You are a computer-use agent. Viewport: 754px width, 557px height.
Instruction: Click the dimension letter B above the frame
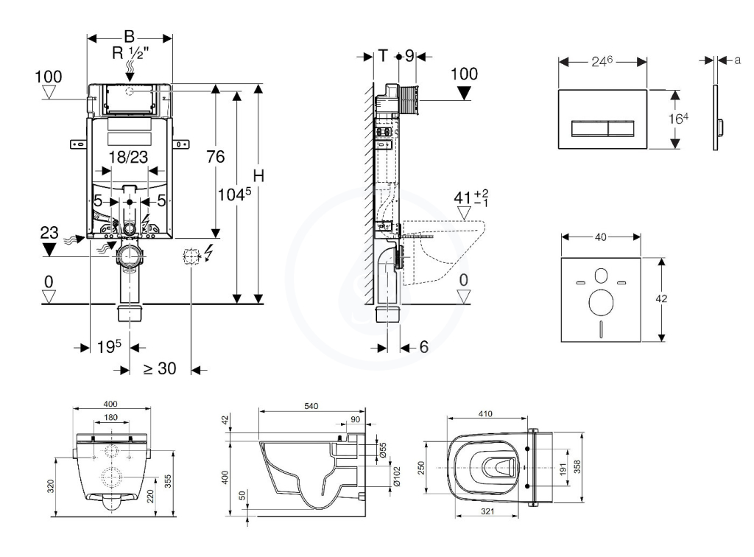[130, 37]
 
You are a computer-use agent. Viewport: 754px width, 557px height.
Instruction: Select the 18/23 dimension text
[128, 157]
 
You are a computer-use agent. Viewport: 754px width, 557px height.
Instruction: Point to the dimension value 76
[216, 156]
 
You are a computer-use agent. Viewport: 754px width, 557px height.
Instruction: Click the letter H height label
[258, 176]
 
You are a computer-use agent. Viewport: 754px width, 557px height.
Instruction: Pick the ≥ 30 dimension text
[160, 368]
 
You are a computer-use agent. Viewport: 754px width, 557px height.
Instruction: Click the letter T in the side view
[383, 56]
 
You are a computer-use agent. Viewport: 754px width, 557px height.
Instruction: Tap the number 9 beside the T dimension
[409, 56]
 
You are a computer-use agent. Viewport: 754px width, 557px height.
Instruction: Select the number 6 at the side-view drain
[423, 347]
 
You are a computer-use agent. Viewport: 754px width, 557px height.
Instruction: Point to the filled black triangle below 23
[49, 249]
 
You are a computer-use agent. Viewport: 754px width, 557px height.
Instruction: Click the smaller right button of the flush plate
[621, 128]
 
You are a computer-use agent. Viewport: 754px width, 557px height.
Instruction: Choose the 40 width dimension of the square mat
[601, 237]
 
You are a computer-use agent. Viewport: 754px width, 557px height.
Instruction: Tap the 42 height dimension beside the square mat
[662, 298]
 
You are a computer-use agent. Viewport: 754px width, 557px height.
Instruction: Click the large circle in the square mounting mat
[601, 303]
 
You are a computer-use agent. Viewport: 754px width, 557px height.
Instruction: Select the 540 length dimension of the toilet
[311, 406]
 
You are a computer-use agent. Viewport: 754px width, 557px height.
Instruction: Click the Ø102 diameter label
[397, 477]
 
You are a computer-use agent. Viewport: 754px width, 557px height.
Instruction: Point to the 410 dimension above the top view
[485, 413]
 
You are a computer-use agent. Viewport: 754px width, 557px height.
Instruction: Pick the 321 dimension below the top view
[487, 511]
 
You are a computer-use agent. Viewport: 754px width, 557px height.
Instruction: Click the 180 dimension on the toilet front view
[110, 417]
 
